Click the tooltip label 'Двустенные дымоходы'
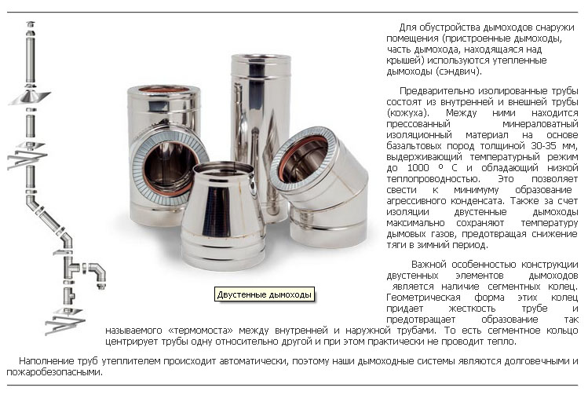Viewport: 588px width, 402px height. [x=265, y=294]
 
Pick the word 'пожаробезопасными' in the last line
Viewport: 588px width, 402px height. [x=54, y=372]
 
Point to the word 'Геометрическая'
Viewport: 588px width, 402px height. [x=423, y=298]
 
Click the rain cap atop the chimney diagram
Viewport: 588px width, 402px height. [x=31, y=25]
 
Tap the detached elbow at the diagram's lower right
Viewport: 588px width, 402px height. [x=97, y=275]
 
